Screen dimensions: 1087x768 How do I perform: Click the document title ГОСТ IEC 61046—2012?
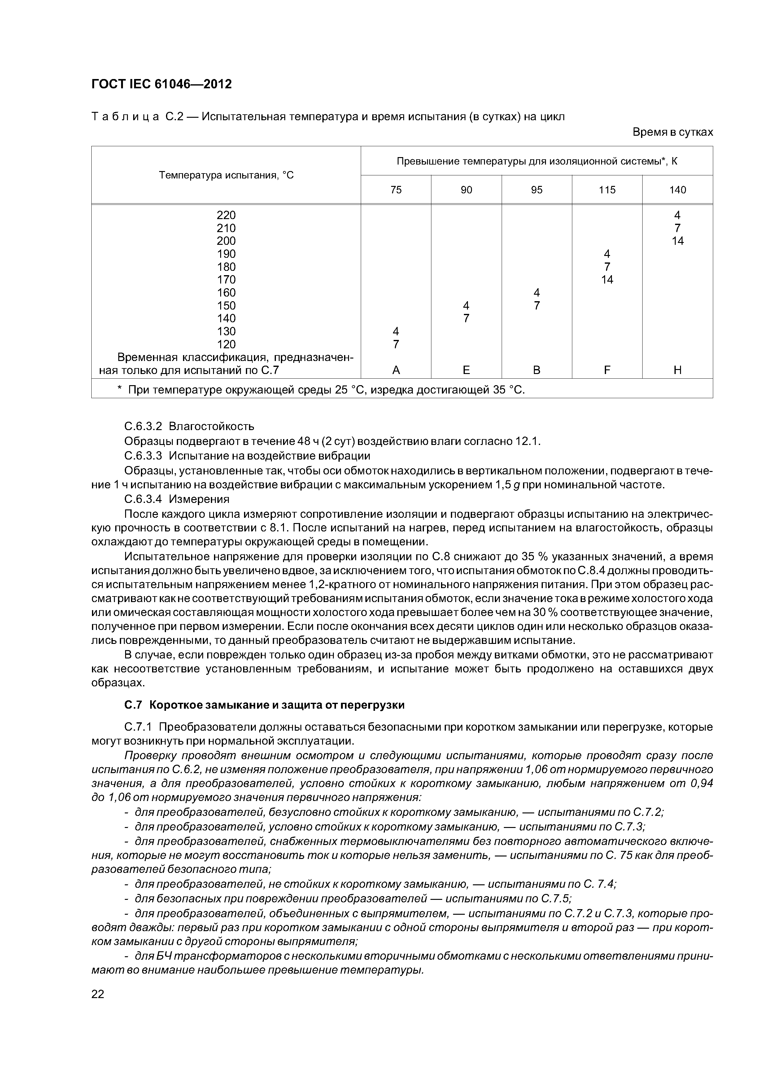point(161,84)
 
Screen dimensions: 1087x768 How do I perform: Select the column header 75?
point(396,190)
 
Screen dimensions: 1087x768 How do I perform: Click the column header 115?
point(607,190)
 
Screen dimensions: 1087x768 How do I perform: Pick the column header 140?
point(678,190)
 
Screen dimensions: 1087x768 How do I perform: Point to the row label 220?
point(226,215)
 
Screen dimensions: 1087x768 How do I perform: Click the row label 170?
point(226,280)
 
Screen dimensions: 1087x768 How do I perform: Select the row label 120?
point(226,344)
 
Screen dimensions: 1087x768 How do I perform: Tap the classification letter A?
point(396,370)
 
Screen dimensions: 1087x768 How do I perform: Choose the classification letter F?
point(607,370)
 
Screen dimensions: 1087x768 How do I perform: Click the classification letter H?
point(678,370)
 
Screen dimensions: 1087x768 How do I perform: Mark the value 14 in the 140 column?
point(678,241)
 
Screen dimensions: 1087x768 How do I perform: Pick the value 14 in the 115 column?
point(607,280)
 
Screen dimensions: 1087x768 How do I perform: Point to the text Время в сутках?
point(672,133)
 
